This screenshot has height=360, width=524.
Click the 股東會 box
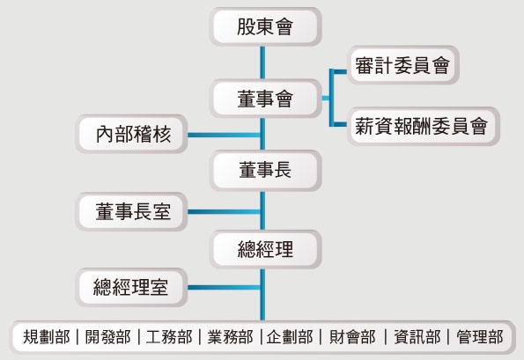(265, 26)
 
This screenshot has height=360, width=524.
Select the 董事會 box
(265, 99)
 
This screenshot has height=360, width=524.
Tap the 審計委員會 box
(403, 65)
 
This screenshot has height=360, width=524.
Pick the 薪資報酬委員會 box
(423, 126)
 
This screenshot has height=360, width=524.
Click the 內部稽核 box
(131, 134)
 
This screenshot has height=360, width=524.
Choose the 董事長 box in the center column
(265, 170)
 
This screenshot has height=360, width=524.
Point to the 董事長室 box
(131, 211)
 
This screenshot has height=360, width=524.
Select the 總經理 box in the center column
(265, 249)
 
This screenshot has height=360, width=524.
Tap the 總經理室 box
(131, 287)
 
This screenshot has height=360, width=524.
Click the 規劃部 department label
(47, 337)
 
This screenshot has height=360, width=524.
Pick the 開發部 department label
(107, 337)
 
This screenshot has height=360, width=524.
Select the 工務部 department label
(169, 337)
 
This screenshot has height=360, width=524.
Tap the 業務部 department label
(230, 337)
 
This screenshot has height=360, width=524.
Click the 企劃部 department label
(290, 337)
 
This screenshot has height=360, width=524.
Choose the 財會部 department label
(352, 337)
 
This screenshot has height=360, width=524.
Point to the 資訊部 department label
(417, 337)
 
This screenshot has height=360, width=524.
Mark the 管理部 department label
(480, 337)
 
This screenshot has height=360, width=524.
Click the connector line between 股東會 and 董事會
(262, 62)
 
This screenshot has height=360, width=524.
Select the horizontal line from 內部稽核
(224, 135)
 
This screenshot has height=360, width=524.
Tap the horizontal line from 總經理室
(224, 287)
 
